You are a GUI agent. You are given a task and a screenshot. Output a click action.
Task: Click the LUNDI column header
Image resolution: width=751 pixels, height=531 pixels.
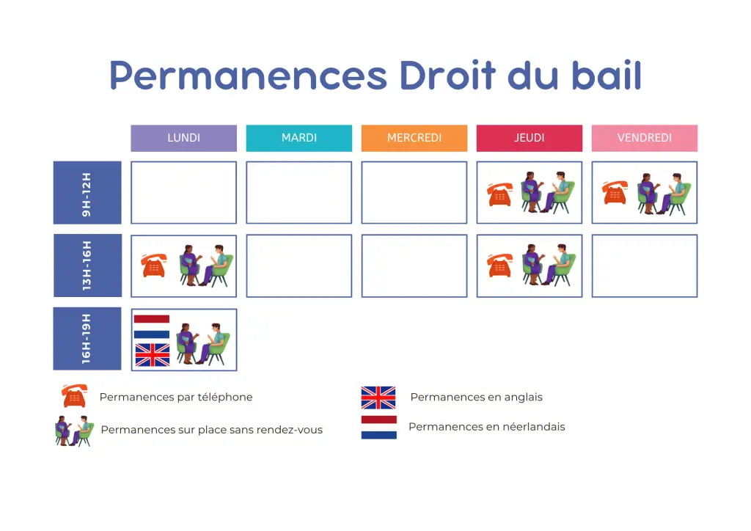pos(183,138)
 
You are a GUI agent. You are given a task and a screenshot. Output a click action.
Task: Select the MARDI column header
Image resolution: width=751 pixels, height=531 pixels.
pos(298,138)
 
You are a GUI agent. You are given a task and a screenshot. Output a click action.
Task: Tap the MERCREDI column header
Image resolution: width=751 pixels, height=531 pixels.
pos(414,138)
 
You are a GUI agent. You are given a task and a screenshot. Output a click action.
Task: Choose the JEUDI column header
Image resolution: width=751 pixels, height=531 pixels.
pos(529,138)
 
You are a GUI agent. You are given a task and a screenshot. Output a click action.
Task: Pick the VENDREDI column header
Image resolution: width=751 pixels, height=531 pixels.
pos(644,138)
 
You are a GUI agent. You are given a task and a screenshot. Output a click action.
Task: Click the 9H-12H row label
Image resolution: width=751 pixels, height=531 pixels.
pos(87,193)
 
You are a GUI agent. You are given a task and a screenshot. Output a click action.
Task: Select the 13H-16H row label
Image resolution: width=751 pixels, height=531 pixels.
pos(87,265)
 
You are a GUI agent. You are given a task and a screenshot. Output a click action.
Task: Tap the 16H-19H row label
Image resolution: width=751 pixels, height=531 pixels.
pos(87,339)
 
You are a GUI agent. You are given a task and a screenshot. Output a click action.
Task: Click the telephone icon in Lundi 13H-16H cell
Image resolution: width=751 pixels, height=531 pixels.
pos(154,265)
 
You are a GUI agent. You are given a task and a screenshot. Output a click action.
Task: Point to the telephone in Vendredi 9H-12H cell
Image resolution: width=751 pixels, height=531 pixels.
pos(615,193)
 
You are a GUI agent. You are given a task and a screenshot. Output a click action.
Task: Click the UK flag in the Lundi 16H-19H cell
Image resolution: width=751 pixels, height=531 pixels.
pos(153,355)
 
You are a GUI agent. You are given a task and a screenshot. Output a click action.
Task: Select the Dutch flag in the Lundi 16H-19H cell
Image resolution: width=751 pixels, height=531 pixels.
pos(152,327)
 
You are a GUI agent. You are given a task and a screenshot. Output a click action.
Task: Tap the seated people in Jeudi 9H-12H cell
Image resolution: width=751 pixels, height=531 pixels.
pos(547,193)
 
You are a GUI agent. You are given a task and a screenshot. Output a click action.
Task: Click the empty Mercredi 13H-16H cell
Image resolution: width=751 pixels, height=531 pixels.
pos(414,265)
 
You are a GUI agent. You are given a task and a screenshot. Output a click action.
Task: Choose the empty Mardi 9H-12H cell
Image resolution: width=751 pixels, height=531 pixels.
pos(298,193)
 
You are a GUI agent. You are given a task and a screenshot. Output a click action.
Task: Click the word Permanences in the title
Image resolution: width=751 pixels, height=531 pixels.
pos(248,75)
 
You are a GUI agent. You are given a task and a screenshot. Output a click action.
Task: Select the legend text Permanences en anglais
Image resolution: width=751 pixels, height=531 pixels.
pos(476,397)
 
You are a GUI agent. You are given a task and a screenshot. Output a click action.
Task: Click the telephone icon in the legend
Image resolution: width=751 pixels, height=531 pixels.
pos(74,396)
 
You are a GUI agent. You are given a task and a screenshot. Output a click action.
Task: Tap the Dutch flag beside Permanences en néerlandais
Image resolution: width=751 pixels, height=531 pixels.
pos(378,428)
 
